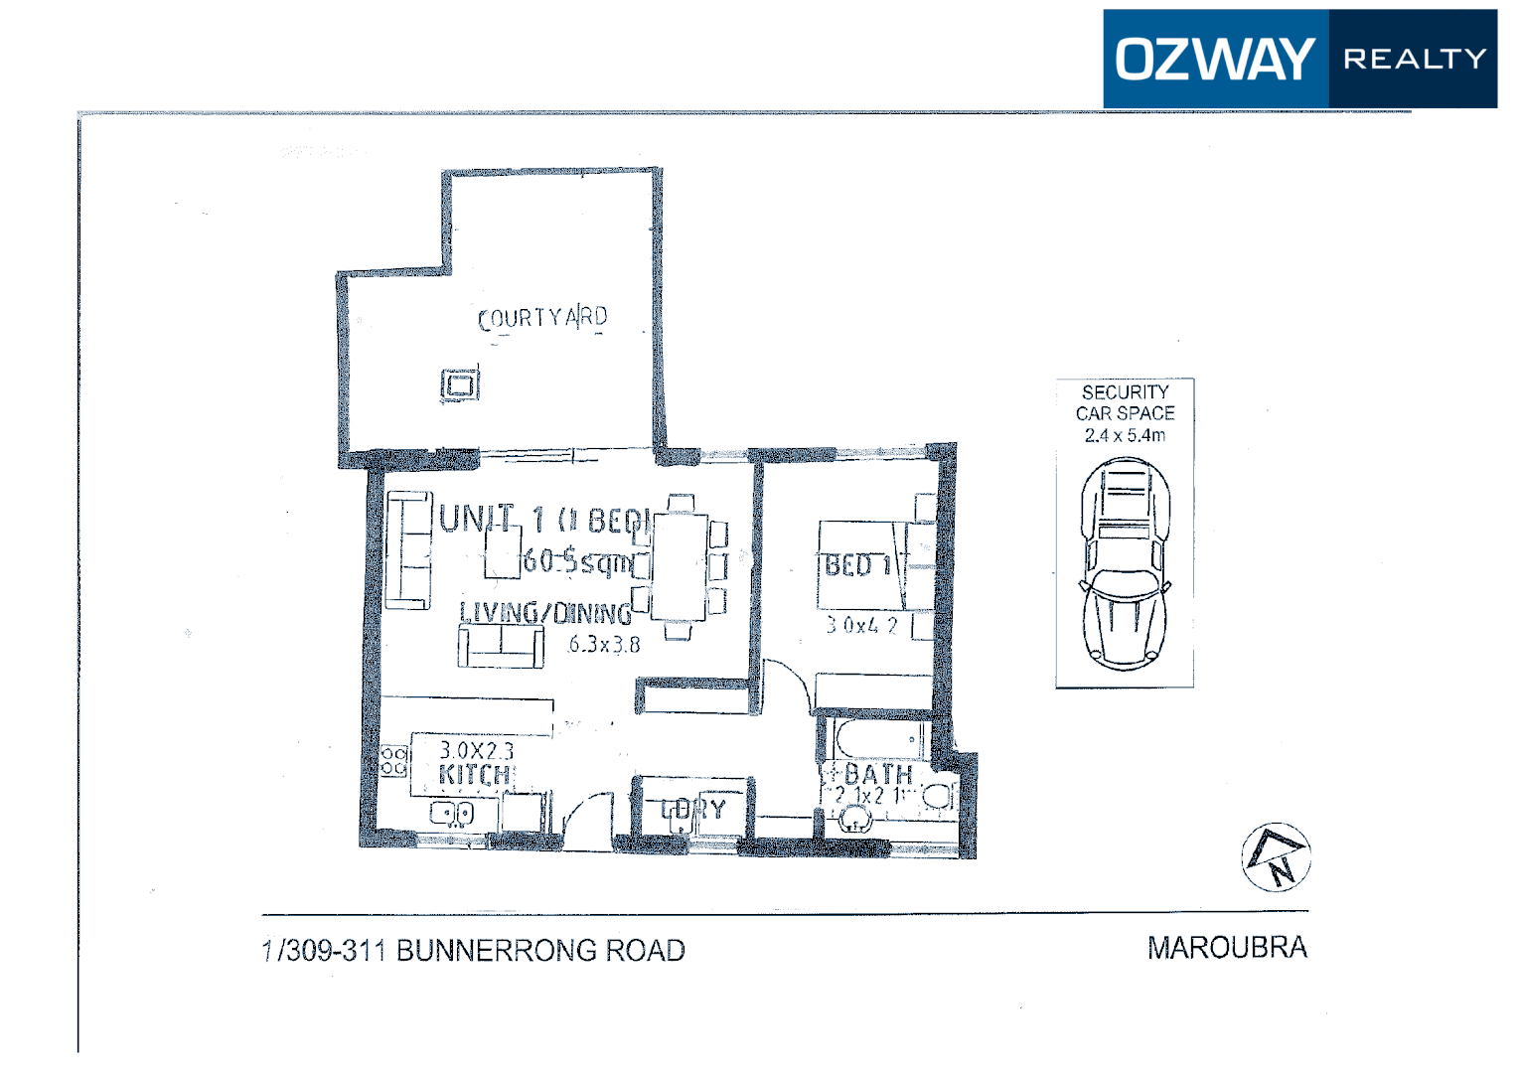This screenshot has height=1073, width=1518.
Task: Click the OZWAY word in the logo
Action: coord(1214,59)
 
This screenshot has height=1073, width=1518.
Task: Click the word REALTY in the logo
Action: coord(1415,59)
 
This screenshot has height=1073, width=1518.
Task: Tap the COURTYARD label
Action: coord(542,318)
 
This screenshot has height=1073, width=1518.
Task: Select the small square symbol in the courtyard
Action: coord(460,383)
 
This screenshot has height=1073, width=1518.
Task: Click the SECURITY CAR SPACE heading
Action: coord(1125,402)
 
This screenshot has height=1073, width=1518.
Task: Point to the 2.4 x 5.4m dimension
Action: coord(1125,435)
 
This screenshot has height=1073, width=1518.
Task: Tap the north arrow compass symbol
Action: coord(1276,857)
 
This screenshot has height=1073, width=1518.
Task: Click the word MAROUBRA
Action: coord(1227,948)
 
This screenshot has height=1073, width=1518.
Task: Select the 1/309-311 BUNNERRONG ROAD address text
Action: coord(473,951)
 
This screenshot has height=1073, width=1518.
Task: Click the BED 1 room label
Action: coord(858,566)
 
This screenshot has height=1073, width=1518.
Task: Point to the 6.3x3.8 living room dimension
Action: coord(604,645)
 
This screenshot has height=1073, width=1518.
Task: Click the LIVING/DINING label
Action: coord(545,613)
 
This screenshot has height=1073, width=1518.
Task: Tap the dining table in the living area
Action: coord(680,566)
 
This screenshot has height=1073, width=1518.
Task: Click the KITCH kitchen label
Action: coord(475,775)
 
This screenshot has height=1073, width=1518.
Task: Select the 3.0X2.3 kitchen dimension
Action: coord(477,750)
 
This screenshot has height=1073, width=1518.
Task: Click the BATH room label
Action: coord(878,774)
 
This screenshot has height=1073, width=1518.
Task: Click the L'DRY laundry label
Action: coord(694,810)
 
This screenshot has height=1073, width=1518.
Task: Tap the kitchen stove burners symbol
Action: coord(394,762)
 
